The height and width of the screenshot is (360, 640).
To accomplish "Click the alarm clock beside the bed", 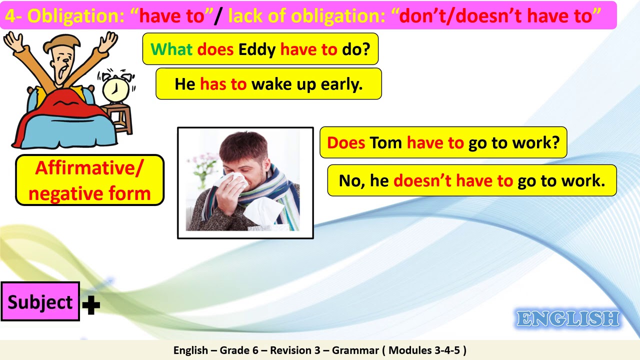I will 115,88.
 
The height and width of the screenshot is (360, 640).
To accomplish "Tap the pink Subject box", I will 40,302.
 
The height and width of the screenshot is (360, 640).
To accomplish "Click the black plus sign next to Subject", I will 91,304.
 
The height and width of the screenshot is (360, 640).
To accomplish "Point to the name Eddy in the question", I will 257,49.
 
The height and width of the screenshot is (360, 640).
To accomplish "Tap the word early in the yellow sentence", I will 342,84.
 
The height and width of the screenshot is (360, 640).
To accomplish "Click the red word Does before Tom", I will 346,143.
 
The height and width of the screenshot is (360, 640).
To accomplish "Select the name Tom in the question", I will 385,143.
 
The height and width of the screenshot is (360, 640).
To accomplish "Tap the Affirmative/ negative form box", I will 89,180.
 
